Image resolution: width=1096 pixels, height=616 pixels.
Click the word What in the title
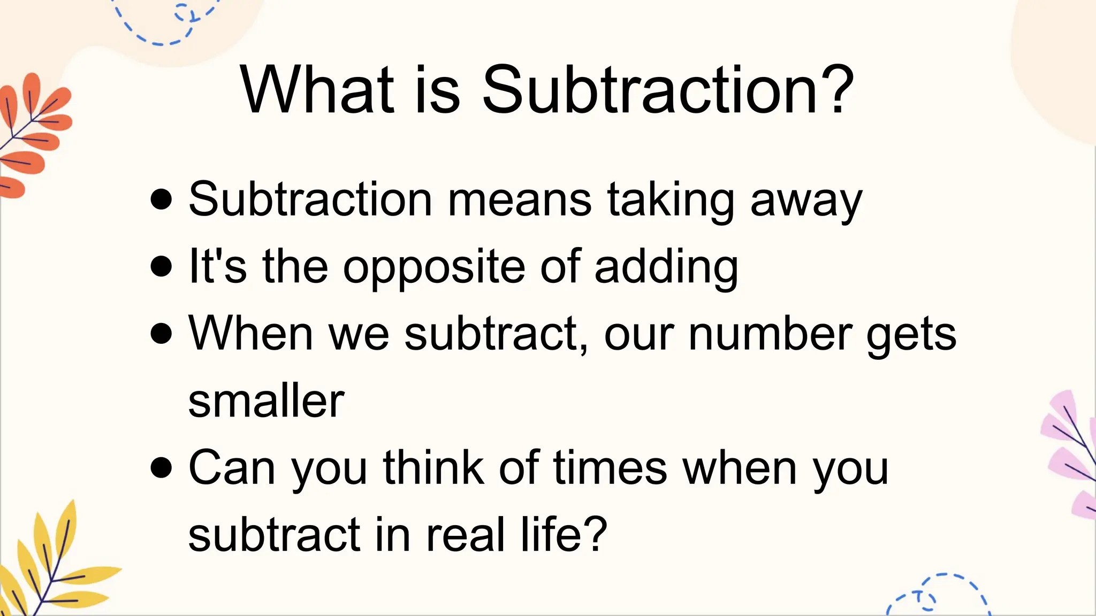[x=317, y=89]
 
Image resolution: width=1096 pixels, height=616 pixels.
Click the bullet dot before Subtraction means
[x=161, y=199]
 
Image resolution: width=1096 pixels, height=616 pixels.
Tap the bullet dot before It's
[x=161, y=266]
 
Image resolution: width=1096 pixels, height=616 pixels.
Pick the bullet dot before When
[x=161, y=333]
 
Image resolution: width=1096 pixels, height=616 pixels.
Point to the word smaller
[x=266, y=401]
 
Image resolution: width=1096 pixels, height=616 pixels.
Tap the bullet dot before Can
[x=161, y=467]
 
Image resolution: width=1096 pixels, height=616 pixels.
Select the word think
[x=433, y=467]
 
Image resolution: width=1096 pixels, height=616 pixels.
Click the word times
[x=610, y=467]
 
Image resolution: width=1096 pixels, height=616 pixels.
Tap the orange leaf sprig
[x=32, y=134]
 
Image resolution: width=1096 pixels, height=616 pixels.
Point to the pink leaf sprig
[x=1070, y=455]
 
